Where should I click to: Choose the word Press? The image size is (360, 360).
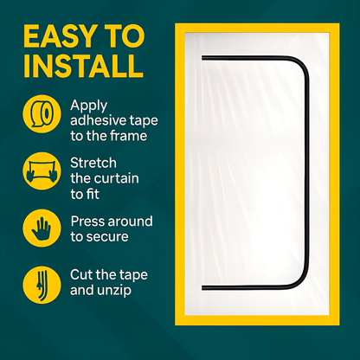pos(87,221)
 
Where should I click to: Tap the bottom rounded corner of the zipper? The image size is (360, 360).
pos(300,280)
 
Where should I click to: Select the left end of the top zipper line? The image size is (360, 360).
pos(203,58)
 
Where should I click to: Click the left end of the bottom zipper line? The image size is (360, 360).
pos(203,286)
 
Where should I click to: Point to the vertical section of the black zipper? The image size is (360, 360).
pos(308,173)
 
